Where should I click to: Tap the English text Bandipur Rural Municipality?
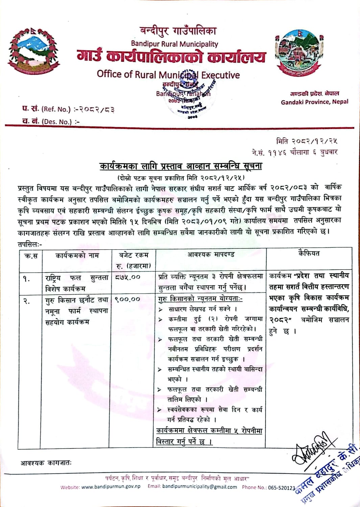(174, 44)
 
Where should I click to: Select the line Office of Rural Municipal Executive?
(168, 74)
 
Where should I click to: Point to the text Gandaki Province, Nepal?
(314, 102)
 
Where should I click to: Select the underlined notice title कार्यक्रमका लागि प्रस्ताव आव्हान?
(181, 166)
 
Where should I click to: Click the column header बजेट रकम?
(134, 255)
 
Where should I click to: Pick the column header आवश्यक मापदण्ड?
(211, 254)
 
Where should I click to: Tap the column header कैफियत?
(309, 254)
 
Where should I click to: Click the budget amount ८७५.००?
(127, 277)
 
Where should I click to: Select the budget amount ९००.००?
(127, 299)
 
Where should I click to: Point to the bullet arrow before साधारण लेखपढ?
(160, 309)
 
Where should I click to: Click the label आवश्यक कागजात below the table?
(46, 463)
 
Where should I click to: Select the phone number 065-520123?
(282, 487)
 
